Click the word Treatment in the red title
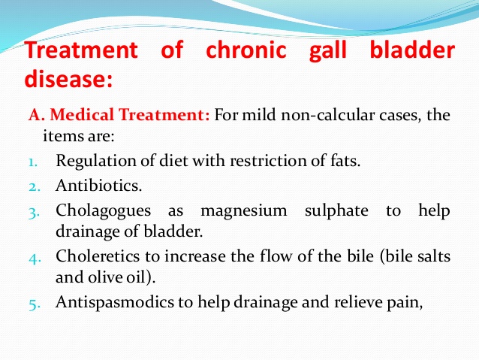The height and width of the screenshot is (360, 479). point(82,50)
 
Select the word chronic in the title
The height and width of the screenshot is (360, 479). point(246,50)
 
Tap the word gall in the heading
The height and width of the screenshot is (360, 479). point(328,51)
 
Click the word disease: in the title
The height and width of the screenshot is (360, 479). point(69,78)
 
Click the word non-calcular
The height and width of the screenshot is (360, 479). point(327,115)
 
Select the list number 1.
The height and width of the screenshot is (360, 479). point(33,162)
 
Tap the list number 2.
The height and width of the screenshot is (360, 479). point(35,186)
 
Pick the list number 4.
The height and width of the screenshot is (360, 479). point(35,259)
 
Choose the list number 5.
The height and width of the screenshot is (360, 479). point(35,304)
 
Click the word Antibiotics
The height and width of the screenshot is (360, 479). point(98,186)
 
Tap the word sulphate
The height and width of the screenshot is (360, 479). point(336,211)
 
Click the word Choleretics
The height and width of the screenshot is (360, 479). point(98,256)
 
